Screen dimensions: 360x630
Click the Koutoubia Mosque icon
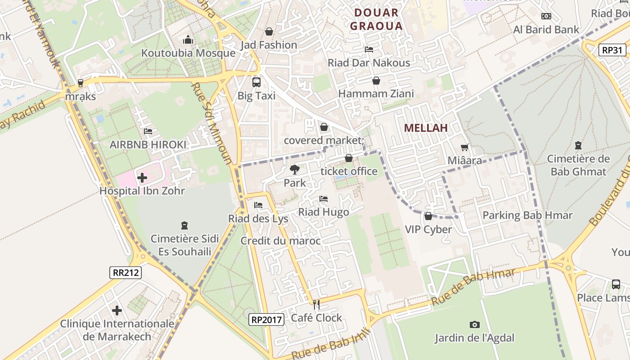click(x=188, y=40)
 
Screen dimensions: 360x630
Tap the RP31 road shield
click(x=612, y=50)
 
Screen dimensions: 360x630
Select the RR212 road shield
click(x=126, y=272)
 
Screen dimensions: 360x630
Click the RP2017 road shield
click(x=267, y=319)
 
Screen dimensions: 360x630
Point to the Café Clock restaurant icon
click(x=316, y=305)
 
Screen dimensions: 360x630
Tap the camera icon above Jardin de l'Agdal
click(x=474, y=324)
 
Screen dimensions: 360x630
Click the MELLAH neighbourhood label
click(x=425, y=128)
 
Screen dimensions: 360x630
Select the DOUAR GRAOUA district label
click(x=376, y=19)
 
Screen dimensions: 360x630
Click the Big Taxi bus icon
click(x=256, y=82)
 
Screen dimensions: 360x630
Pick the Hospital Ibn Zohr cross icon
click(x=142, y=178)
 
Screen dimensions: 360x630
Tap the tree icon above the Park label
click(x=295, y=170)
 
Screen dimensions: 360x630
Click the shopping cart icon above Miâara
click(x=465, y=147)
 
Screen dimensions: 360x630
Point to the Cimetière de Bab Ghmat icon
click(x=578, y=145)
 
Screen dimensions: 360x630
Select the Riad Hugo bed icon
click(x=323, y=199)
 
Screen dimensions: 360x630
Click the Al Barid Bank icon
click(x=546, y=16)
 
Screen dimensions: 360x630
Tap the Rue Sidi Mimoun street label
click(x=211, y=123)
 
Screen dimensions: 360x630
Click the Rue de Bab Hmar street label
click(x=472, y=287)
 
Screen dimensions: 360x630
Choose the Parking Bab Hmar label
click(x=527, y=215)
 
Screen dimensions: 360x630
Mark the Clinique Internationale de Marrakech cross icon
click(x=117, y=310)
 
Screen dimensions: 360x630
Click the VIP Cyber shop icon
click(x=428, y=216)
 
